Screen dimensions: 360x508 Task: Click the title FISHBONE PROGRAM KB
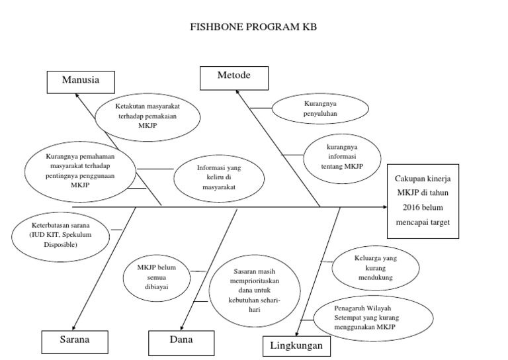[x=254, y=28]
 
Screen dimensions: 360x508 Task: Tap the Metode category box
[x=233, y=76]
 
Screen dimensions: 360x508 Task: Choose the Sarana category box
[x=75, y=341]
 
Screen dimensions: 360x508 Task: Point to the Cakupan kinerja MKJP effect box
[x=422, y=201]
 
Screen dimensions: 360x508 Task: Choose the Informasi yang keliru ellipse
[x=219, y=177]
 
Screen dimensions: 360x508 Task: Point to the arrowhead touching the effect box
[x=384, y=207]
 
